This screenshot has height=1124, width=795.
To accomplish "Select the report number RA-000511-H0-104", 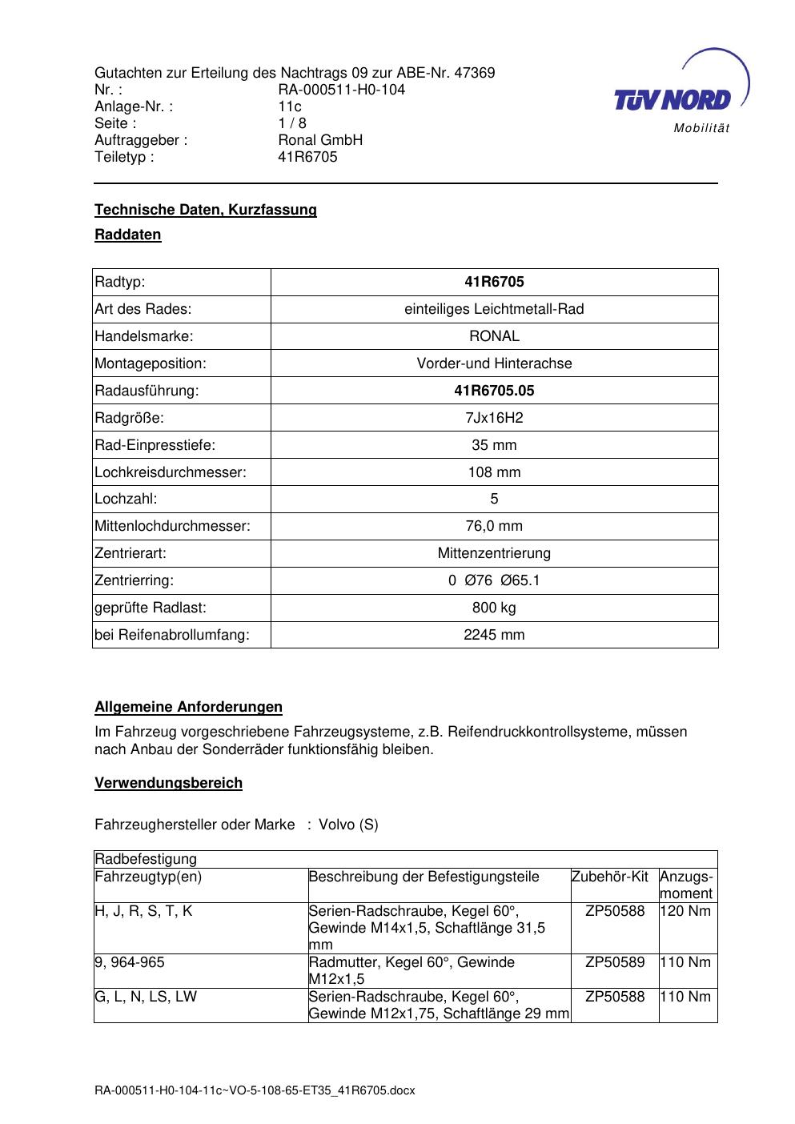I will point(341,90).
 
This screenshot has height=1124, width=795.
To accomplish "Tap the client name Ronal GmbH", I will point(320,140).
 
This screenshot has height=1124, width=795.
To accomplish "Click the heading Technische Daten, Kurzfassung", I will point(206,210).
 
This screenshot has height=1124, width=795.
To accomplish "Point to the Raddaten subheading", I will point(128,235).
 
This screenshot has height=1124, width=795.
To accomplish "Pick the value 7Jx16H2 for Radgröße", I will point(494,418).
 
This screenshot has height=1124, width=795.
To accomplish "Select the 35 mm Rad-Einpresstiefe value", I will point(494,445).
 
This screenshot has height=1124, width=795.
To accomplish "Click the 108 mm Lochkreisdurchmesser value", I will point(494,472).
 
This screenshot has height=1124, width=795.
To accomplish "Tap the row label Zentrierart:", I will point(130,553).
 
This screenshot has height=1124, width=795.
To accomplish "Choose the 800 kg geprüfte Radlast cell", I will point(494,608).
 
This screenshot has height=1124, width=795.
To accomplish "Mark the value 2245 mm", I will point(494,635).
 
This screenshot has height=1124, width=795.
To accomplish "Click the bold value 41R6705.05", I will point(494,391).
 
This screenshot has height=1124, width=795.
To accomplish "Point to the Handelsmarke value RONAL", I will point(494,336).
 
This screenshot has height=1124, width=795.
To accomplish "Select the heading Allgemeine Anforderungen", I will point(188,708).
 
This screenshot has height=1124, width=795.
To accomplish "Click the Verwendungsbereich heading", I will point(168,783).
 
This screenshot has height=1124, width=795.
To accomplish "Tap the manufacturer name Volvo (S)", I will point(348,825).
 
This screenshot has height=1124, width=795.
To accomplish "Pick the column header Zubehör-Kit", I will point(609,877).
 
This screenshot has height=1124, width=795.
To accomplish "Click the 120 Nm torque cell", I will point(687,911).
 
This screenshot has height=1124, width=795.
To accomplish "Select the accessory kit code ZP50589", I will point(615,962).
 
